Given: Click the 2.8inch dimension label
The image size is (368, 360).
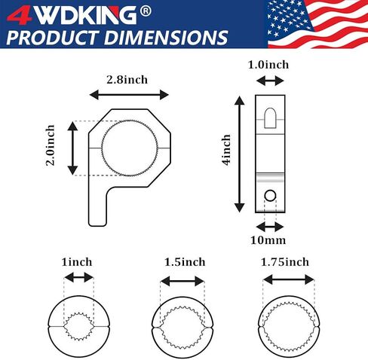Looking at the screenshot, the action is pos(127,80).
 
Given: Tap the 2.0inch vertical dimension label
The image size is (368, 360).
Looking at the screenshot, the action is pos(51,145).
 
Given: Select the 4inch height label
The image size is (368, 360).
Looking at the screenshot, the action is pos(226,150).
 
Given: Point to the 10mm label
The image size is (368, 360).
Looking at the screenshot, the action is pos(268,240).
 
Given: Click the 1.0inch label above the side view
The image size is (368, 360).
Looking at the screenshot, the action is pos(268,65).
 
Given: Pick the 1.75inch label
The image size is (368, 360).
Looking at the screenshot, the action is pos(285,262).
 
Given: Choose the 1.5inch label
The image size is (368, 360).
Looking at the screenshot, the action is pos(185,262).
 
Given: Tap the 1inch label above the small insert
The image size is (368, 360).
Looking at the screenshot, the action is pos(77,262).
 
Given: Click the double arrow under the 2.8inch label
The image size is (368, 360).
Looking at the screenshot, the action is pos(129,95).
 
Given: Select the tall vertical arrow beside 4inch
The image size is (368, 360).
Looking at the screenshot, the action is pos(240,154).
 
